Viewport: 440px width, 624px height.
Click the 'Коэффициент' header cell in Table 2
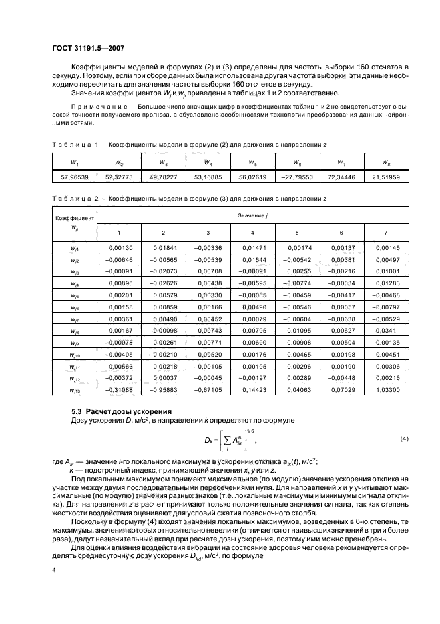click(74, 218)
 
